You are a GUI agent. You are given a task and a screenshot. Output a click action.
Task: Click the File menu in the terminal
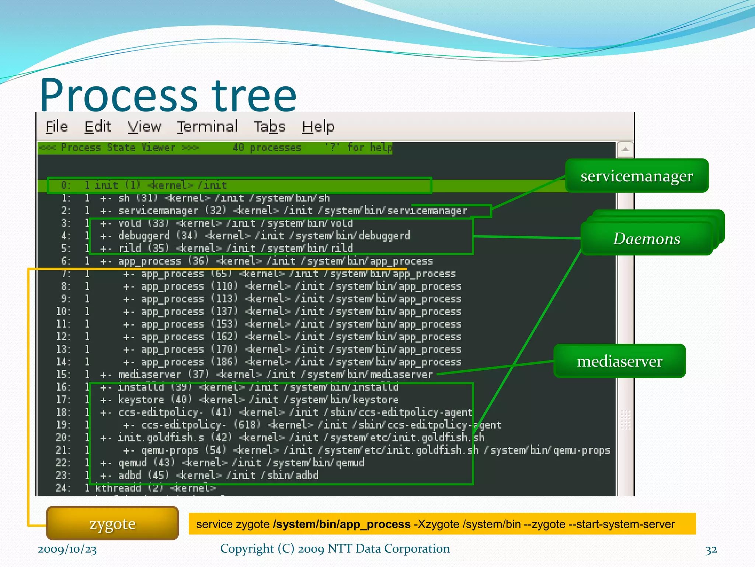(56, 127)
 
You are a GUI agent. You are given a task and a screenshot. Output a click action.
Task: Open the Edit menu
(97, 127)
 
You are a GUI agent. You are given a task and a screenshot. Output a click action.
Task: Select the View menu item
(144, 127)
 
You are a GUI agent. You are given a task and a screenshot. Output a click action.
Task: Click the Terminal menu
(207, 127)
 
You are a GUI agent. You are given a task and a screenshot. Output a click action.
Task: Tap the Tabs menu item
(269, 127)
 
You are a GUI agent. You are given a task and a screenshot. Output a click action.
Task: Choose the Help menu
(318, 127)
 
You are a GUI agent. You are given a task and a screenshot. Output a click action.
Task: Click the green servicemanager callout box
(637, 176)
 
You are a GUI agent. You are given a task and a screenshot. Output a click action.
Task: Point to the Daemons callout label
(647, 238)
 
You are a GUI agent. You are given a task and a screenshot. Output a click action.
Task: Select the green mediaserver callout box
(619, 361)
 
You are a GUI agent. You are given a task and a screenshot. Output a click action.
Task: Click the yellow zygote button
(112, 523)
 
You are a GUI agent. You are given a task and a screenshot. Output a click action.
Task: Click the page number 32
(711, 550)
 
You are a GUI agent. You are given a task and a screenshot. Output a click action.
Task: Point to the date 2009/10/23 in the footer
(67, 549)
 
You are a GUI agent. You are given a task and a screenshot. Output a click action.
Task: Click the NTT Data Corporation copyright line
(335, 549)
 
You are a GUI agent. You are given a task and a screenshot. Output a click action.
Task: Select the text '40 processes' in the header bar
(267, 148)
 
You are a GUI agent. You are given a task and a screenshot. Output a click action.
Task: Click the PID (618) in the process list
(247, 425)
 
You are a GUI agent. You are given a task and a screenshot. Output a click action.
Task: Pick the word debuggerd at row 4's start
(144, 236)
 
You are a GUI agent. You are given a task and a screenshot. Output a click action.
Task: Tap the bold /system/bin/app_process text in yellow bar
(342, 524)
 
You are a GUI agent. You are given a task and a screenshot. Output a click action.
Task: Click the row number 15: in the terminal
(63, 375)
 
